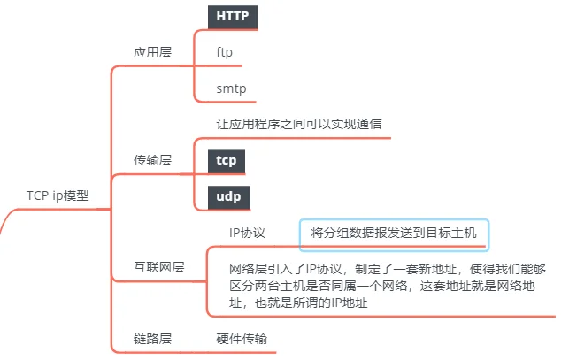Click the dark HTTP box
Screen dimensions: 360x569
[232, 16]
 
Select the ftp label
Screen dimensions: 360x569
[224, 52]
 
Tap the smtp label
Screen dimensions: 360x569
[231, 89]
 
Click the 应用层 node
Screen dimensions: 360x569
[152, 52]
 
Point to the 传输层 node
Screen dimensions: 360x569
[152, 160]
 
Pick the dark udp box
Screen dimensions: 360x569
[228, 197]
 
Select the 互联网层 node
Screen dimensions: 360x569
[159, 266]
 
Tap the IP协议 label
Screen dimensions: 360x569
[248, 233]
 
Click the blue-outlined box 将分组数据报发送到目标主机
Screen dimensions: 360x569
[394, 233]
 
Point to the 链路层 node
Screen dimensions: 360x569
[152, 338]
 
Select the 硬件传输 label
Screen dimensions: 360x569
[242, 338]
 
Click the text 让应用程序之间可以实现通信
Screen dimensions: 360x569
[298, 124]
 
